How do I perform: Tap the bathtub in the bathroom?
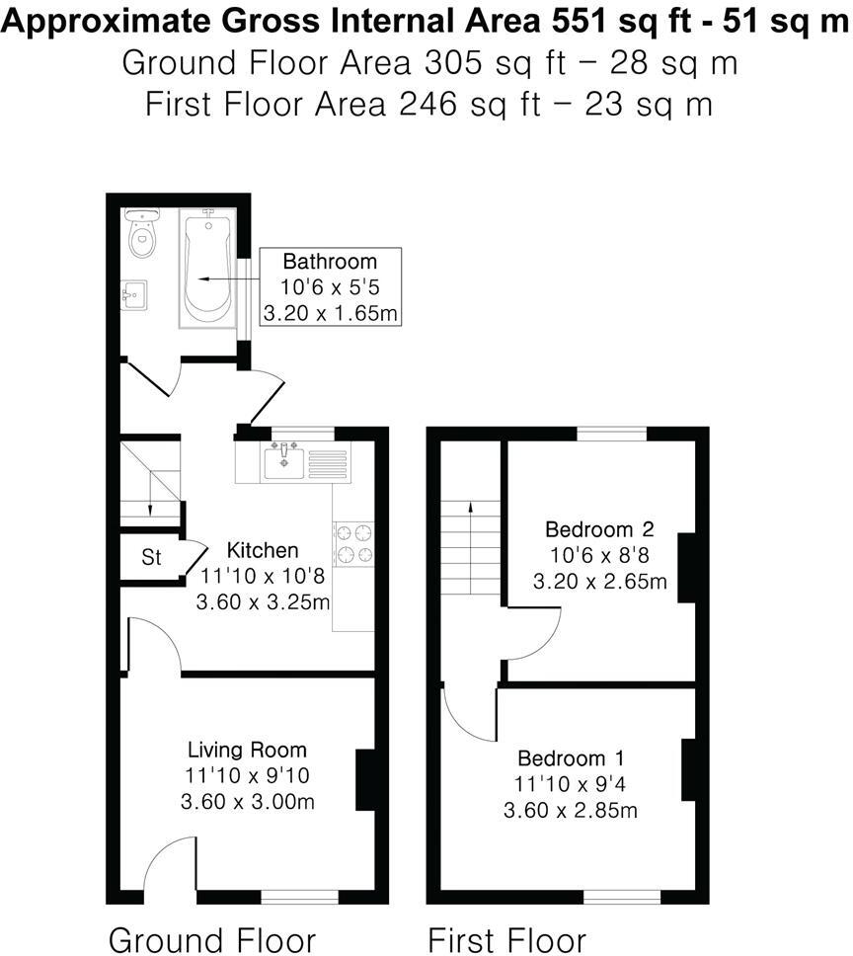(207, 267)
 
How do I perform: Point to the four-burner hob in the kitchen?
(354, 542)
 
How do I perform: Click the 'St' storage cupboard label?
(151, 558)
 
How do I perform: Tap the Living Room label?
(247, 750)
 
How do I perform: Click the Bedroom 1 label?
(571, 758)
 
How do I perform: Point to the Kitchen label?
(263, 550)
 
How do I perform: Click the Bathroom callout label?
(330, 262)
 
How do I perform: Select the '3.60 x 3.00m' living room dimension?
(248, 802)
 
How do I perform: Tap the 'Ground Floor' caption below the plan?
(211, 939)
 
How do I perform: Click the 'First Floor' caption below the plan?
(506, 939)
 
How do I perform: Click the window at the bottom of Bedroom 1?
(621, 897)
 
